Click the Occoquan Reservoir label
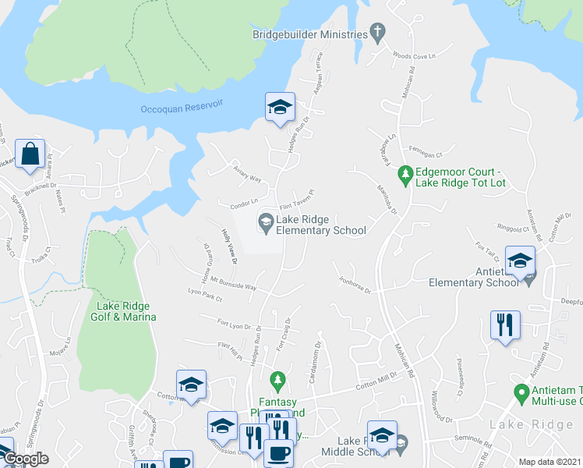[x=182, y=108]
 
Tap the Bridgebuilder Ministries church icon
[x=377, y=33]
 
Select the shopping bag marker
[x=30, y=155]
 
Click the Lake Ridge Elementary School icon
[x=266, y=224]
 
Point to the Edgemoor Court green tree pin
[x=405, y=173]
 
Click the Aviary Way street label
[x=246, y=172]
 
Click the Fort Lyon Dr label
[x=238, y=324]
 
